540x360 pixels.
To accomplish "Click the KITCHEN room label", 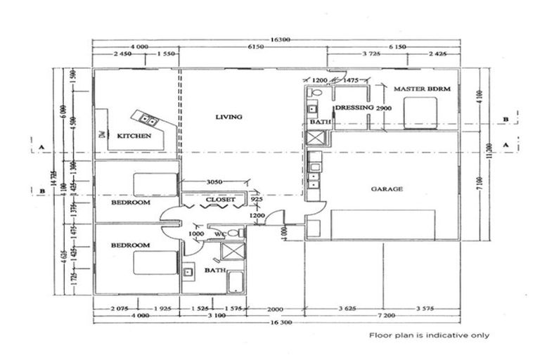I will click(x=134, y=136).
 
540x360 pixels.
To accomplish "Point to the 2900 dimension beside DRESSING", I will click(x=383, y=108).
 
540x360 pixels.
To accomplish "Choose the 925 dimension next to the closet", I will click(x=257, y=200).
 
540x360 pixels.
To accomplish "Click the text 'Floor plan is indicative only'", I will click(x=430, y=335).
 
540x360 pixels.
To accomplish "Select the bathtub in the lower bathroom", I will click(x=236, y=283).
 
